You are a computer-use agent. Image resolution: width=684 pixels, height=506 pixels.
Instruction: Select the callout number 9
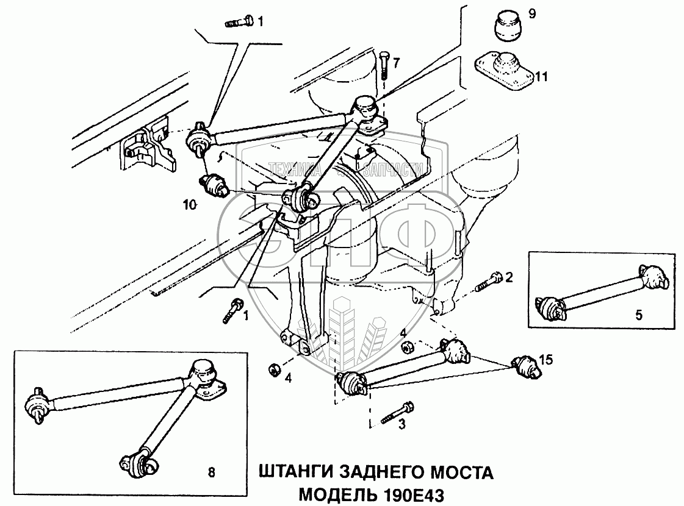pos(532,13)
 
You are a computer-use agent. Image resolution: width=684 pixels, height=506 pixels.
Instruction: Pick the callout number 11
pos(542,77)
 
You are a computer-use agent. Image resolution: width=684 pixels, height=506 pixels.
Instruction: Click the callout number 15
pos(546,360)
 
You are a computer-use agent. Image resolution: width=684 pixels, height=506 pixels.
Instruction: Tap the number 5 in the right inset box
pos(638,315)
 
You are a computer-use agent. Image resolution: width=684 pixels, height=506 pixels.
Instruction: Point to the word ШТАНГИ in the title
pos(292,472)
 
